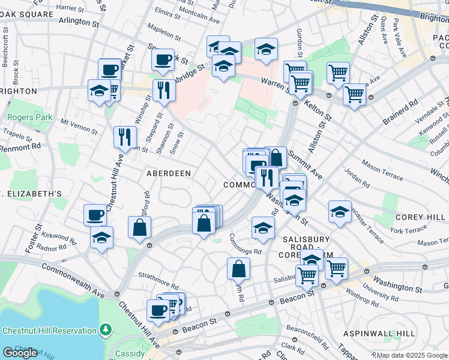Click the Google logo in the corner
[20, 352]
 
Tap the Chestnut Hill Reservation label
[49, 331]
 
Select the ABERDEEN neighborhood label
[169, 173]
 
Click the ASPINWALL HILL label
[379, 333]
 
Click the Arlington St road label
[79, 22]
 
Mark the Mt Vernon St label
[79, 125]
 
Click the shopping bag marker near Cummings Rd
[238, 268]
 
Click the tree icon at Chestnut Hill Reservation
[106, 329]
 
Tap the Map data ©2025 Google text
[411, 355]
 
